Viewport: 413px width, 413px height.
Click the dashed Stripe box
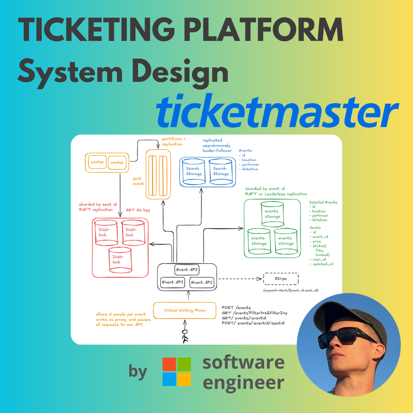(x=281, y=279)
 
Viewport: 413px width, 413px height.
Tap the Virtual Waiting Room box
(x=185, y=310)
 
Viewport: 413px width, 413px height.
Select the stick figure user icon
(x=185, y=334)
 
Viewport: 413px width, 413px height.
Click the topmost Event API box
(x=187, y=270)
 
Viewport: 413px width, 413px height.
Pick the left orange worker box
(x=98, y=162)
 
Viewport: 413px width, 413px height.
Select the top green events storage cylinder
(x=272, y=214)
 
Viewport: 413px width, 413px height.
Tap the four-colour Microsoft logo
(x=176, y=372)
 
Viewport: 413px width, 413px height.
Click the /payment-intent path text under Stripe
(x=291, y=291)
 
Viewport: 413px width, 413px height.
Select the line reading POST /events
(x=237, y=307)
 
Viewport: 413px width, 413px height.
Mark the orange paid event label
(x=138, y=181)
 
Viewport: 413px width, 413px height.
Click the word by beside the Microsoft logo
(x=138, y=372)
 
